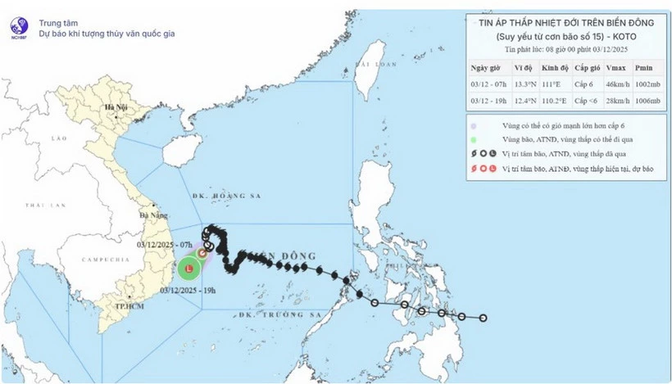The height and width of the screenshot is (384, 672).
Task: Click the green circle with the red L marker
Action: [x=189, y=269]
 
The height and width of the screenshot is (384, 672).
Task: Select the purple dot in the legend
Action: [x=474, y=125]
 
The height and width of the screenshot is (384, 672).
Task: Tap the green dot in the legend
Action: [x=474, y=141]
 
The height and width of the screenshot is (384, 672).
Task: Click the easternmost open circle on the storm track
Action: [x=484, y=318]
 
